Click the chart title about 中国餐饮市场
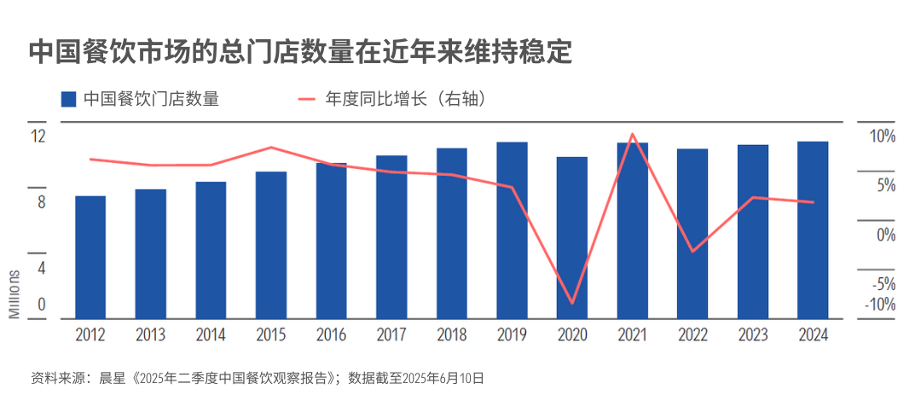coord(299,53)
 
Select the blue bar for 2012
coord(90,258)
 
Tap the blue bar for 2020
coord(572,238)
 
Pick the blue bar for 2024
coord(813,230)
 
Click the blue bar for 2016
coord(331,241)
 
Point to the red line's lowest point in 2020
coord(571,304)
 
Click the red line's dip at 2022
coord(693,252)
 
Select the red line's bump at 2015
coord(271,147)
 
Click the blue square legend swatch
coord(68,99)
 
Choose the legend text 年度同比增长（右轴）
coord(405,99)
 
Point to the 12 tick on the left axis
coord(38,136)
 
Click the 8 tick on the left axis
coord(42,203)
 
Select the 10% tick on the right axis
coord(883,137)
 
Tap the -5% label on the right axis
coord(884,285)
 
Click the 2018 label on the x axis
coord(452,335)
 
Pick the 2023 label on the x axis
coord(753,335)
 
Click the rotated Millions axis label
coord(14,294)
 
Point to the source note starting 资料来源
coord(257,378)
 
